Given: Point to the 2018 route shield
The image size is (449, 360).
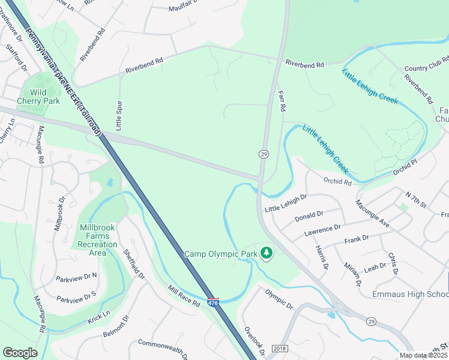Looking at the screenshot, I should coord(280,349).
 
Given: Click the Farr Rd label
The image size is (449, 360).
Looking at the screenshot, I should coord(281,100).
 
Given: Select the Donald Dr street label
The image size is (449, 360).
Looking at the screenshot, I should coord(309,215).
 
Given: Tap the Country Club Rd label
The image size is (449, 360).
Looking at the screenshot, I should coord(426,69).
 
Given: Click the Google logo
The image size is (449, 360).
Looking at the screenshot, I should coord(19,353).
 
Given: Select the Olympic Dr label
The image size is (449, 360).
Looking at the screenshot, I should coord(279,298).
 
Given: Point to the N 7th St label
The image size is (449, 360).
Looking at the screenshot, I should coord(415,201).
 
